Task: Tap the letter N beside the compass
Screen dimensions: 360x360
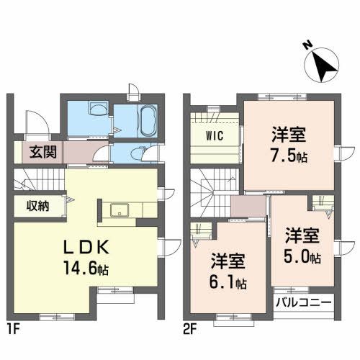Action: click(x=307, y=45)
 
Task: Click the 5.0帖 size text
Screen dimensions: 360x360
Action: click(x=302, y=256)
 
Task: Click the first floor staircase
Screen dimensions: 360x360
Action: click(x=37, y=181)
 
